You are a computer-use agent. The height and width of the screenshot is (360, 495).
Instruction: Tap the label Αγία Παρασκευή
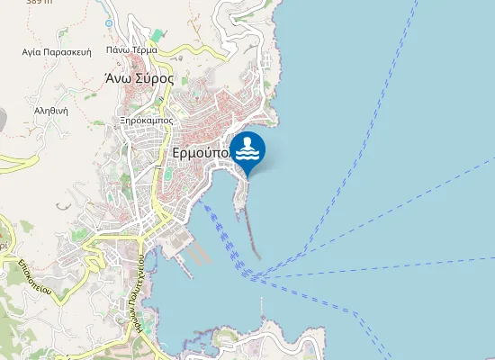pos(58,52)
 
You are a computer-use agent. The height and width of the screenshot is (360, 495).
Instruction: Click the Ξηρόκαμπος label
pos(146,119)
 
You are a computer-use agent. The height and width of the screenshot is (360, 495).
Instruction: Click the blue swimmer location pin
pos(247,149)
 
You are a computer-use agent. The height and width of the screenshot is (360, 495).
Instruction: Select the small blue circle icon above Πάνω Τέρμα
pos(109,22)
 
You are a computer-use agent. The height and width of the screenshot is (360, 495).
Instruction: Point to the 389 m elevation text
pos(38,3)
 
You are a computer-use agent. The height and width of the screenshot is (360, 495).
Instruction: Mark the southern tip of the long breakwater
pos(259,257)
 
